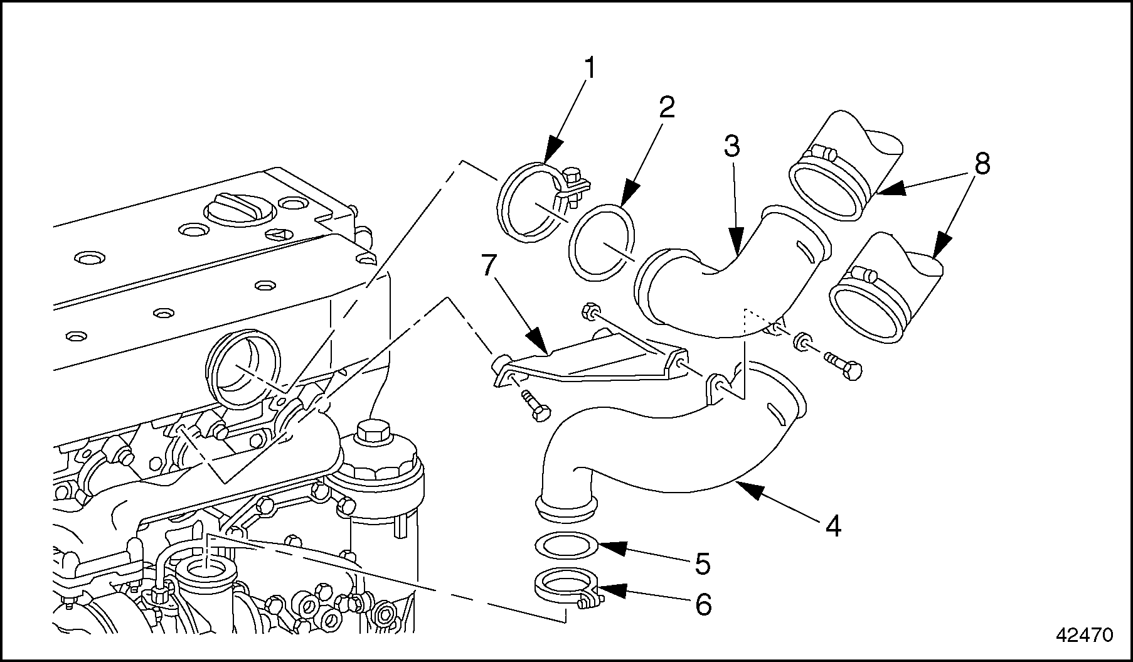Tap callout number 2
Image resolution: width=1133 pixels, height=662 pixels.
click(x=666, y=108)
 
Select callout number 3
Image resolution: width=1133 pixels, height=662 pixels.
click(x=731, y=146)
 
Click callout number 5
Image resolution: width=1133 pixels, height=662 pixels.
click(x=702, y=563)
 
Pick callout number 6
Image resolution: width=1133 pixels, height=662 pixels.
click(x=703, y=604)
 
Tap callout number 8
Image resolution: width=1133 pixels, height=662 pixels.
click(x=982, y=164)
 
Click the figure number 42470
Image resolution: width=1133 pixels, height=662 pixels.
click(x=1085, y=635)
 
